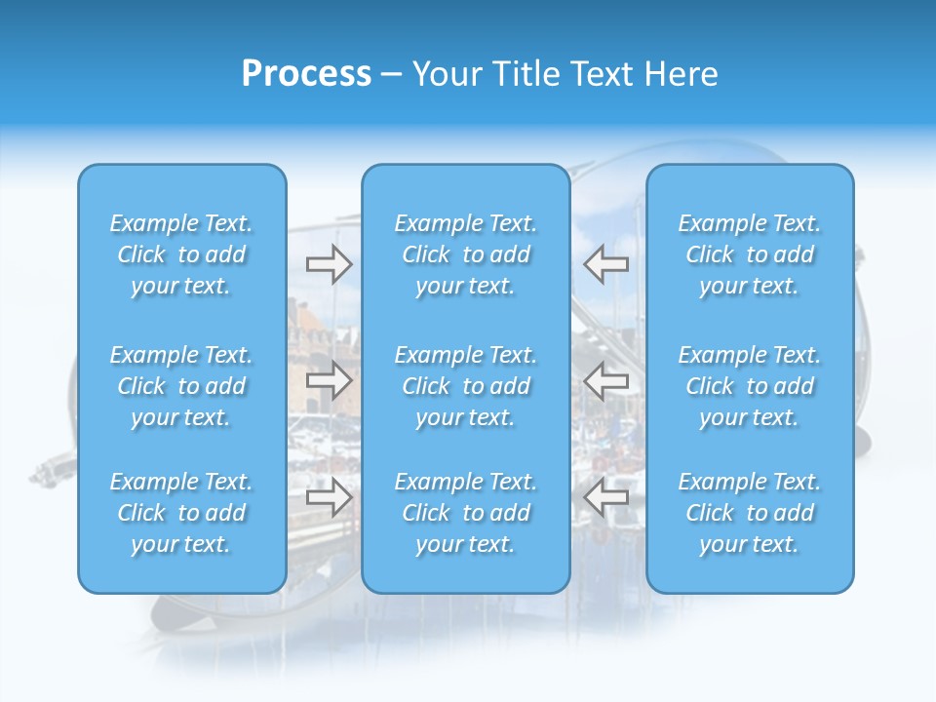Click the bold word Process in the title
(306, 74)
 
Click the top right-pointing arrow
(330, 262)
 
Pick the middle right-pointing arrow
(330, 380)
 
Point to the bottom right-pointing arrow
(330, 498)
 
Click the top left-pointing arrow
(605, 262)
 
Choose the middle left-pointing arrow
(605, 380)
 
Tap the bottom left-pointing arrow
(605, 498)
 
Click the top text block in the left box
(181, 254)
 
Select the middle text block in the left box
(181, 386)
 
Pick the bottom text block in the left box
(181, 513)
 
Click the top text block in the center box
(465, 254)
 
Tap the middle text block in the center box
(465, 386)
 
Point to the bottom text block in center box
(465, 513)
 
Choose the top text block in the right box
(750, 254)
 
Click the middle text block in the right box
(750, 386)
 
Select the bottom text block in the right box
(750, 513)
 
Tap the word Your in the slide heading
(444, 74)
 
